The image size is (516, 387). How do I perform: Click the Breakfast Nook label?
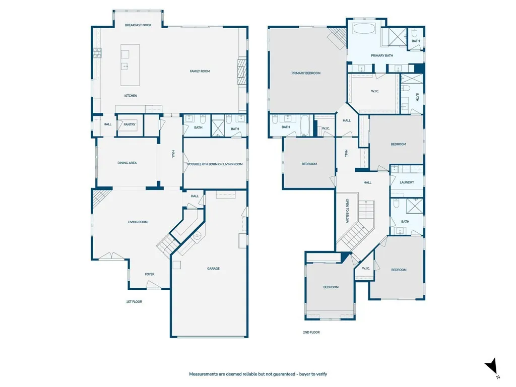[138, 25]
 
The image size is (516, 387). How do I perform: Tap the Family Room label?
[200, 71]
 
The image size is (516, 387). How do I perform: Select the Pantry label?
[130, 124]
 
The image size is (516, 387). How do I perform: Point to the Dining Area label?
[127, 163]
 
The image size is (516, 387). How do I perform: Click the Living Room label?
[138, 222]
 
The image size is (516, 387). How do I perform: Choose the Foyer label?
[149, 274]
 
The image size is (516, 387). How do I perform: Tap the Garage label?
[213, 269]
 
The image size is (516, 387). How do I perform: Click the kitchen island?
[130, 65]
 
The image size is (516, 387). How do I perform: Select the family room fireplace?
[242, 72]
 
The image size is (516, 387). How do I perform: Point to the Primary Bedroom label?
[306, 73]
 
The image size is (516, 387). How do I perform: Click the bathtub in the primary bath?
[364, 28]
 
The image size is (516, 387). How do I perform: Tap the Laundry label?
[407, 182]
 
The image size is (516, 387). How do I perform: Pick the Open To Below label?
[347, 211]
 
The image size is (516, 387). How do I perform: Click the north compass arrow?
[491, 366]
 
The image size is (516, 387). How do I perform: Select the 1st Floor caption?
[134, 301]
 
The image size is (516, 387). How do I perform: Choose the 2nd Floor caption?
[311, 333]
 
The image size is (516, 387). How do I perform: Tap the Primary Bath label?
[382, 55]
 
